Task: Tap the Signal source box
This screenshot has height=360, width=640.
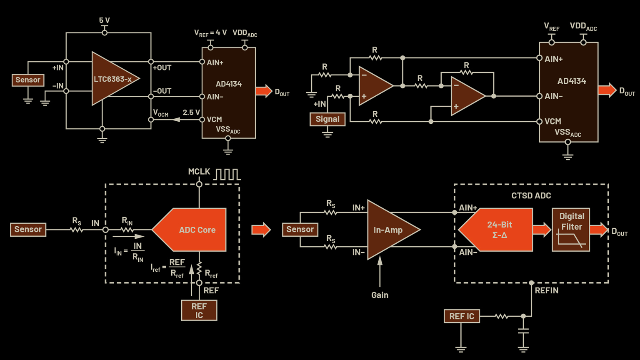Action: pos(327,119)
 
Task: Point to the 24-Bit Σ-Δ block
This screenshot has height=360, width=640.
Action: pos(498,230)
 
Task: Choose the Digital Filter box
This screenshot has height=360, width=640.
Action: pos(571,230)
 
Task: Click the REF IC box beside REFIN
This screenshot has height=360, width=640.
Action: pos(462,316)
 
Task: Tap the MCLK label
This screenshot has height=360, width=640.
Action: pos(199,172)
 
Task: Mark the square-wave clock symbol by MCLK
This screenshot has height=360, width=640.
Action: pos(227,174)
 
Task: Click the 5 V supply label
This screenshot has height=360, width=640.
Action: pos(105,20)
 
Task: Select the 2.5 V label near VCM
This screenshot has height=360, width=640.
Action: pos(191,112)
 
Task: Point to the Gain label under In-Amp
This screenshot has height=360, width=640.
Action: pos(380,295)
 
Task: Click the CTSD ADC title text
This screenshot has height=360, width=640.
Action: pos(531,196)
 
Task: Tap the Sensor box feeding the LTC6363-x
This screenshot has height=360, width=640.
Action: pos(28,80)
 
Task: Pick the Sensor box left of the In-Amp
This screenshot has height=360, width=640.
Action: pos(300,230)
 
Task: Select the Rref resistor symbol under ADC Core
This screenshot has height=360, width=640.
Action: pos(199,268)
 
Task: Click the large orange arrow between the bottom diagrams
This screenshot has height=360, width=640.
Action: pos(261,230)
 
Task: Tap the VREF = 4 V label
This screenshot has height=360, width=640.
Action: pos(210,33)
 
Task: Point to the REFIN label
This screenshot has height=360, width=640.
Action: pos(547,290)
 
